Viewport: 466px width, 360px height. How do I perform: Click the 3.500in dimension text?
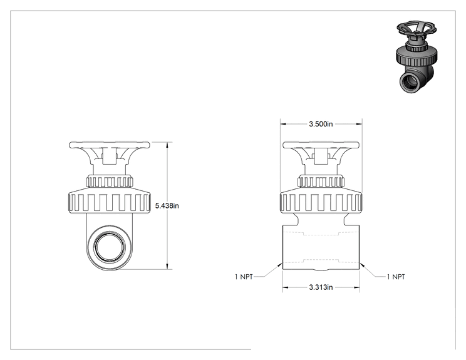321,124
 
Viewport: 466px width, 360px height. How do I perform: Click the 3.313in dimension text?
321,287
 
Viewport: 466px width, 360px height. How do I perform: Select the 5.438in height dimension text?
167,205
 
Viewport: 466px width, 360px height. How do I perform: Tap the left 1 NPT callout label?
244,277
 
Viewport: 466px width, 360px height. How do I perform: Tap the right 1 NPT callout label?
396,277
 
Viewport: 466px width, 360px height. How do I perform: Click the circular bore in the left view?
110,247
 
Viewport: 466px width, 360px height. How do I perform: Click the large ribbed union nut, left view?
110,202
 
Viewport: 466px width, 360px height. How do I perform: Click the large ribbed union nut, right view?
321,202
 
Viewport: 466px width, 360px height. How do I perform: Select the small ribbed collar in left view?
110,182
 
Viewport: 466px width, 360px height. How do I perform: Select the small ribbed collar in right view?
321,182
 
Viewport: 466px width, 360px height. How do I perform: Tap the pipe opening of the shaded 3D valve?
410,82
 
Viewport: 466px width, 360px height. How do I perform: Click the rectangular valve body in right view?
321,247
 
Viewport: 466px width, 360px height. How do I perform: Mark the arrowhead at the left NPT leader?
280,264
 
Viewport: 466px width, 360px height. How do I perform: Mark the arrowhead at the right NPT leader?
361,264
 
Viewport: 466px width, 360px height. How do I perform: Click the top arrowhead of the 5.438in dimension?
167,145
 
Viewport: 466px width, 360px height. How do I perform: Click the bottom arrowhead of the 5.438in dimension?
167,267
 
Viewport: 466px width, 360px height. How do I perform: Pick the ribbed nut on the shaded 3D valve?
417,56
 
